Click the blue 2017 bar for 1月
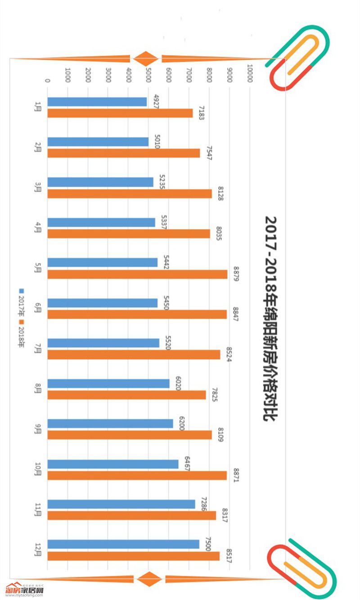[97, 102]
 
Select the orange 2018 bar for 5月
[137, 274]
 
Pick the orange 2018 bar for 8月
[126, 395]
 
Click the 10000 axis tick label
[250, 75]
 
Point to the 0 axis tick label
[47, 81]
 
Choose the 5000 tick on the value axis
[148, 75]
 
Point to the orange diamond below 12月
[149, 579]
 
